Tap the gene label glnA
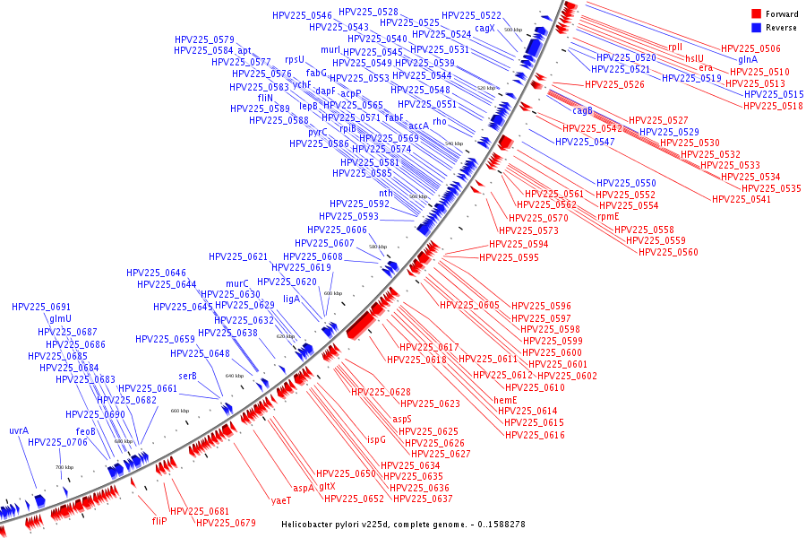pyautogui.click(x=748, y=60)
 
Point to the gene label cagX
pyautogui.click(x=484, y=28)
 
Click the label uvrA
pyautogui.click(x=19, y=430)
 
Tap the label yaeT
pyautogui.click(x=281, y=500)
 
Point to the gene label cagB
pyautogui.click(x=582, y=111)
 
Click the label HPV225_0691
pyautogui.click(x=41, y=308)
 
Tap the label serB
pyautogui.click(x=187, y=376)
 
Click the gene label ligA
pyautogui.click(x=291, y=299)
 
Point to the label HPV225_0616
pyautogui.click(x=535, y=435)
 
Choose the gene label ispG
pyautogui.click(x=377, y=439)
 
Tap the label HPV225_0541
pyautogui.click(x=742, y=199)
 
